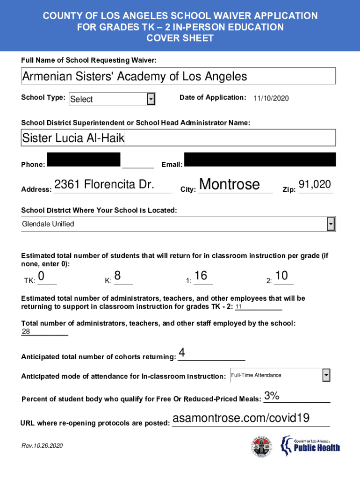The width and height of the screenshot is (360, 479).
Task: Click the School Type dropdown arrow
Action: pyautogui.click(x=151, y=99)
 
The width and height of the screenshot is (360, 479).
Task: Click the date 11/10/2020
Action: pyautogui.click(x=271, y=98)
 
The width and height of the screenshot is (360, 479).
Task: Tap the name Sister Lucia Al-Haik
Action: pyautogui.click(x=73, y=138)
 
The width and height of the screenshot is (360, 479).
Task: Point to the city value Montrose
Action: pyautogui.click(x=230, y=184)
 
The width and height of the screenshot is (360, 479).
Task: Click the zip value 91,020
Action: pyautogui.click(x=315, y=185)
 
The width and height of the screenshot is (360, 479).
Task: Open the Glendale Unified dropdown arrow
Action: pyautogui.click(x=331, y=224)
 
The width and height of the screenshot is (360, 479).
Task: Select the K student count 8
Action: pyautogui.click(x=118, y=276)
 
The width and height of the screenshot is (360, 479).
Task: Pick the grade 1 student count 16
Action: pyautogui.click(x=201, y=276)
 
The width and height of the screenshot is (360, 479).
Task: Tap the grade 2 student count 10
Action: pyautogui.click(x=282, y=276)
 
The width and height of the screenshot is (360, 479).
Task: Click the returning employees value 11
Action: pyautogui.click(x=239, y=307)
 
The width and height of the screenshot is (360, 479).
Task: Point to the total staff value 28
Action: pyautogui.click(x=26, y=332)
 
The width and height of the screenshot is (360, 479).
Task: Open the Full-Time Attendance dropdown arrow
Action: pyautogui.click(x=326, y=375)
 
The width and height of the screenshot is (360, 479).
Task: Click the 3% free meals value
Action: pyautogui.click(x=272, y=396)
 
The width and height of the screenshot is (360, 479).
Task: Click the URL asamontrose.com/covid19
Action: pyautogui.click(x=241, y=418)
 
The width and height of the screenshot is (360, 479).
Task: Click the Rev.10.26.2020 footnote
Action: pyautogui.click(x=42, y=446)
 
